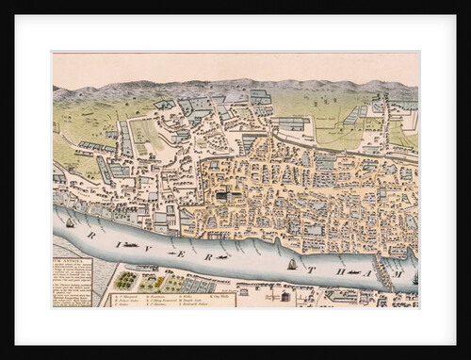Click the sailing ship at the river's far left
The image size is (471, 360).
coord(70,223)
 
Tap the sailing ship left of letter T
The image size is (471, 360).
coord(292,264)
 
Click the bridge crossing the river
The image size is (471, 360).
coord(382,270)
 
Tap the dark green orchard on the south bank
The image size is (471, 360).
coord(125,280)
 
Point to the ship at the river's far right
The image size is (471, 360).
coord(414,280)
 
